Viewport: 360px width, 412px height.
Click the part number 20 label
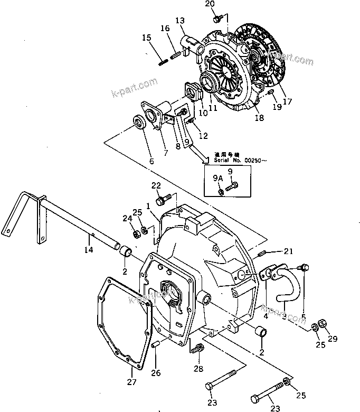click(x=210, y=4)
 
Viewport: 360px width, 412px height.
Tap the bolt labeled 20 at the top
click(x=217, y=19)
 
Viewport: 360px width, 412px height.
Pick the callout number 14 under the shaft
click(x=88, y=249)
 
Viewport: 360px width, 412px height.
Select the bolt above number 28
click(x=198, y=349)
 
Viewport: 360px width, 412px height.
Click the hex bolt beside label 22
click(x=165, y=199)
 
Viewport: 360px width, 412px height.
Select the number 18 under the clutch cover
click(x=259, y=118)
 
